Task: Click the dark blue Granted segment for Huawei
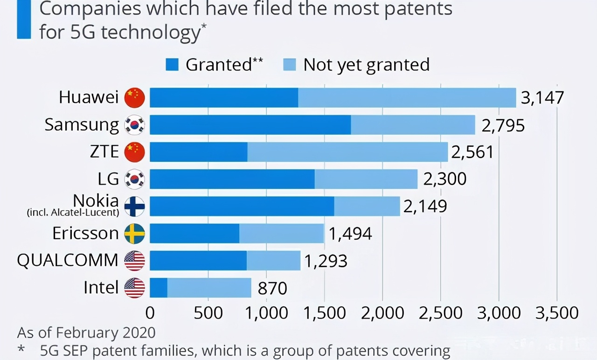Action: click(x=224, y=98)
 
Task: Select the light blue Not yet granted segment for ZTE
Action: click(x=347, y=152)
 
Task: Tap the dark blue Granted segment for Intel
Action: click(x=159, y=288)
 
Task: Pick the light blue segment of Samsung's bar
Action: click(x=413, y=125)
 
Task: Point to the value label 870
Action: click(x=272, y=288)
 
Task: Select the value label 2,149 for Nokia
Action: click(x=425, y=206)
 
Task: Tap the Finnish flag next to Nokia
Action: click(x=135, y=206)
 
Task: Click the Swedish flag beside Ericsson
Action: click(x=135, y=233)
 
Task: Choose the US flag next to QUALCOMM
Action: click(x=135, y=261)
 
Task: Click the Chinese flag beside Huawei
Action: click(x=135, y=98)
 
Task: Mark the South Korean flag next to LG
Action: click(x=135, y=179)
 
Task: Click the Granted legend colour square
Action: click(x=173, y=65)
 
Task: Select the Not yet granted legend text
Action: click(x=366, y=65)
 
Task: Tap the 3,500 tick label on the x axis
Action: click(x=556, y=313)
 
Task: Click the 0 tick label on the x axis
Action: click(x=150, y=313)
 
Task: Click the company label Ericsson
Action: click(x=85, y=233)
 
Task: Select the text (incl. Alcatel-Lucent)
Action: click(x=73, y=213)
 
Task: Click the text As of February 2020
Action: click(x=86, y=333)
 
